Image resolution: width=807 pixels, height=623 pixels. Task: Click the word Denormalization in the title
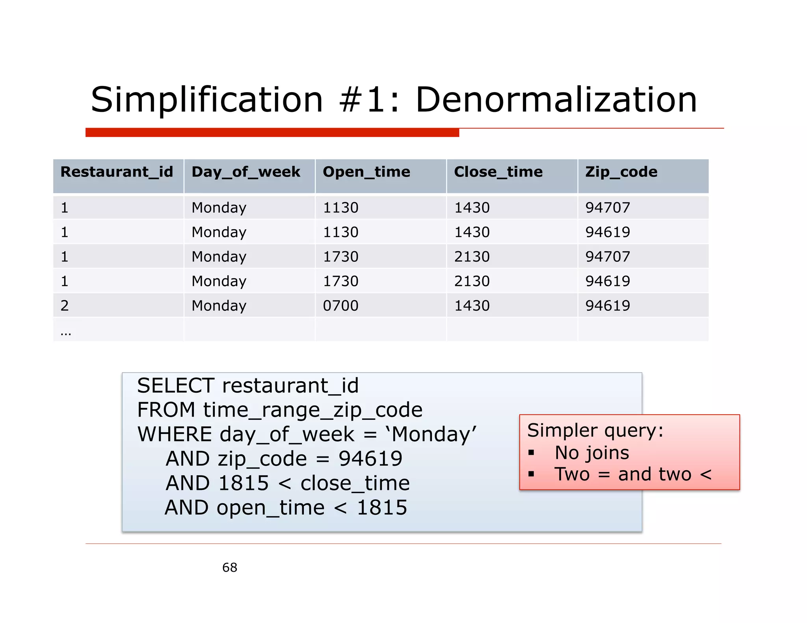pos(556,100)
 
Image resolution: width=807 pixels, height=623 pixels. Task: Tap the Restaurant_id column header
pos(117,172)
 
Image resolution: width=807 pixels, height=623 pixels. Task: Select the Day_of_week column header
pos(246,172)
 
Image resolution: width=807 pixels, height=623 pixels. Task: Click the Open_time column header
pos(366,172)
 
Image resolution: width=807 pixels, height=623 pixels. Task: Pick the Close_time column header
pos(498,172)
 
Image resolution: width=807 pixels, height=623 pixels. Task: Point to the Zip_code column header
pos(621,172)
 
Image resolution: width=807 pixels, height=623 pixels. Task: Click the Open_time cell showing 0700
pos(340,306)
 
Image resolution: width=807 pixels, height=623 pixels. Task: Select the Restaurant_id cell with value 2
pos(65,306)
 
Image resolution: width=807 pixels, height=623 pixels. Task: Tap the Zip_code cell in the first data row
pos(608,208)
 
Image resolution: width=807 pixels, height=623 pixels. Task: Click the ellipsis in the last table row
pos(66,333)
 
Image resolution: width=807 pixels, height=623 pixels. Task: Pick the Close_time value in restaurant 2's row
pos(472,306)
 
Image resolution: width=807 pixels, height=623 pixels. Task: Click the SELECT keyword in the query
pos(176,386)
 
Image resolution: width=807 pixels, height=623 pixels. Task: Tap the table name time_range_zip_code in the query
pos(313,410)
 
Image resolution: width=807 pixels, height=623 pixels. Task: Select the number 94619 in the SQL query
pos(370,459)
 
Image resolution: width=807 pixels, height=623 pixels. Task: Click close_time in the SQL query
pos(355,484)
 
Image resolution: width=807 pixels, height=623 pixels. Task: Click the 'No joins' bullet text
pos(591,453)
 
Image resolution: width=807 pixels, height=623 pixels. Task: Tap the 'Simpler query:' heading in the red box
pos(595,430)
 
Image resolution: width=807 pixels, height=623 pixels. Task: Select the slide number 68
pos(230,568)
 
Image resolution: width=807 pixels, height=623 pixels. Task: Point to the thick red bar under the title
pos(272,132)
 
